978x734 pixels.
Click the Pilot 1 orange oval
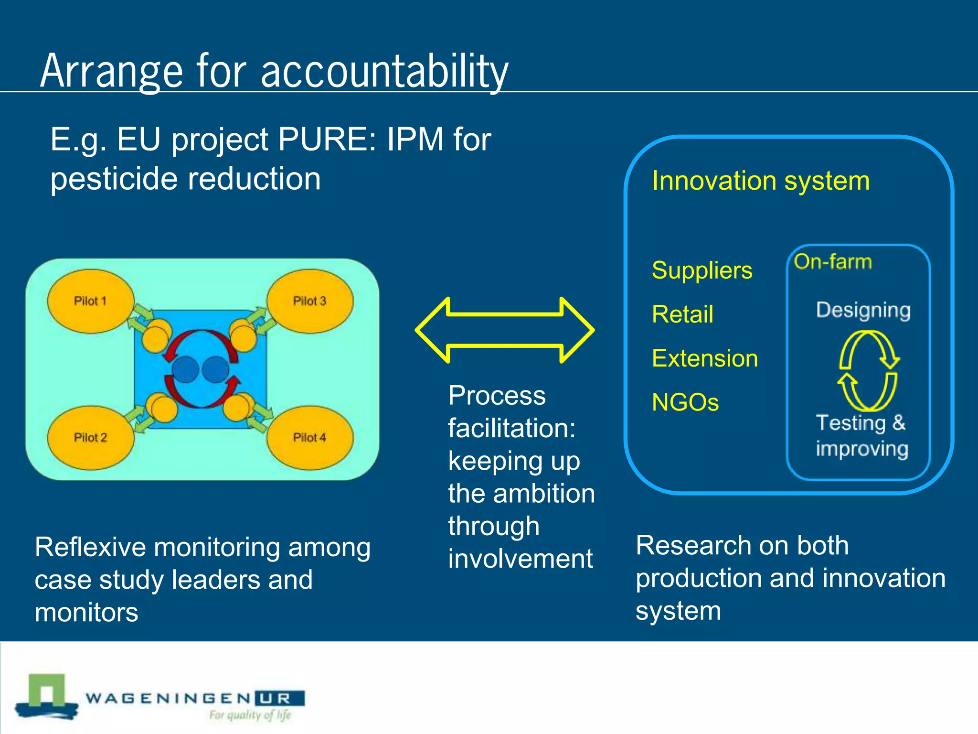point(90,301)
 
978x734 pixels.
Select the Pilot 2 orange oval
point(90,437)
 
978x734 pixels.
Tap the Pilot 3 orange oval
point(309,301)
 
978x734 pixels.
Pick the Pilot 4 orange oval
point(309,437)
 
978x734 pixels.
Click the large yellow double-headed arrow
point(505,330)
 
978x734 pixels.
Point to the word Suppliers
point(702,270)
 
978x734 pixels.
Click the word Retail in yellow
point(682,314)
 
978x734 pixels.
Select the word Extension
point(705,358)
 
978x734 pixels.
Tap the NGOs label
point(685,402)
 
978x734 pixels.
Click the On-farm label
point(833,262)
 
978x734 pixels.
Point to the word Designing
point(863,310)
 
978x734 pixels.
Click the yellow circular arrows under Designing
point(868,371)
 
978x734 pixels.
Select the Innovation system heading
point(761,181)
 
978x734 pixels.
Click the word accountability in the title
point(384,72)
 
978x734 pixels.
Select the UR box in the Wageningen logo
point(280,699)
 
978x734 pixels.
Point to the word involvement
point(520,559)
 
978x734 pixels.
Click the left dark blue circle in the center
point(185,369)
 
